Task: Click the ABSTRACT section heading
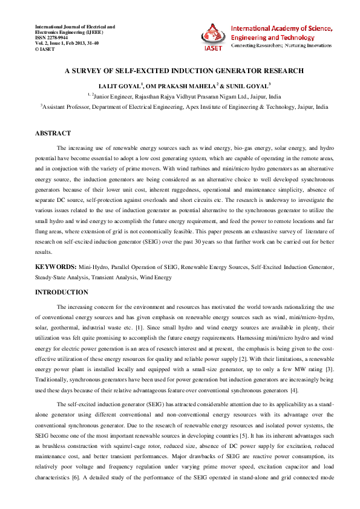[x=53, y=133]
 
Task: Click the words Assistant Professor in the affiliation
[x=68, y=106]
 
